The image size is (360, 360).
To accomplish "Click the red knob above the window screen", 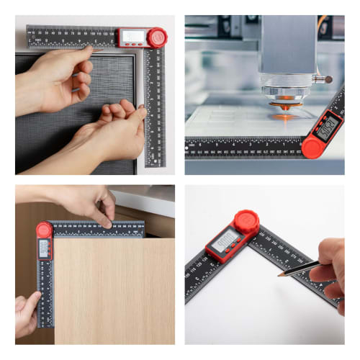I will pyautogui.click(x=157, y=37).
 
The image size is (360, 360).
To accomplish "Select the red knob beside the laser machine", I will pyautogui.click(x=312, y=147).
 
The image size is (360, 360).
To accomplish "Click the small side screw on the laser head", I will pyautogui.click(x=328, y=79).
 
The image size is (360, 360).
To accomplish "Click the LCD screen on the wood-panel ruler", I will pyautogui.click(x=44, y=248).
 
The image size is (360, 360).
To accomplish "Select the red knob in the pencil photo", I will pyautogui.click(x=246, y=221).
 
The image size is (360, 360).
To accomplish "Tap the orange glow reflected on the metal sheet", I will pyautogui.click(x=284, y=114).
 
